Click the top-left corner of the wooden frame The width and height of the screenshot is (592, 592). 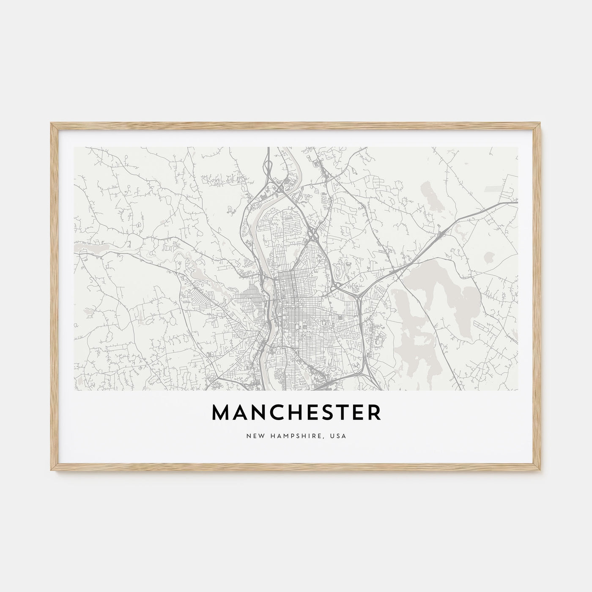51,123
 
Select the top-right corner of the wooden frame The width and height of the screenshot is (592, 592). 541,123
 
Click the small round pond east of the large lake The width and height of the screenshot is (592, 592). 491,256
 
